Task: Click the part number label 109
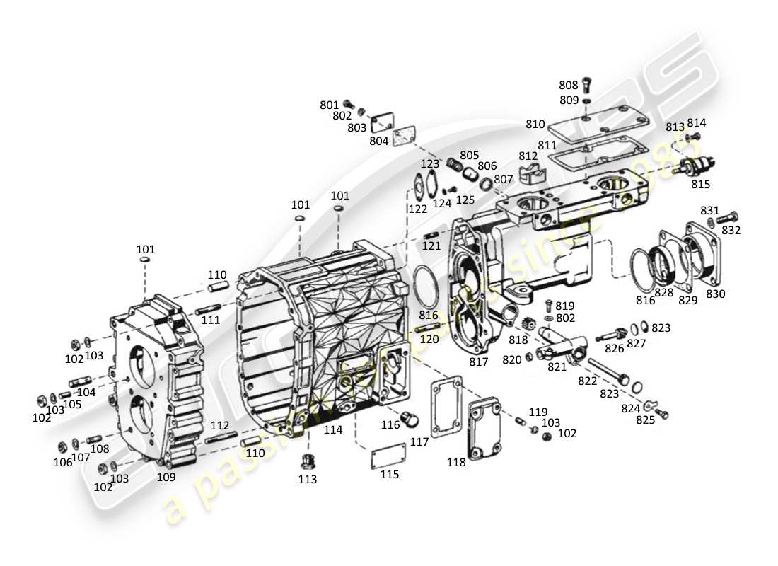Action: tap(166, 477)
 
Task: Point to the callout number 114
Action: tap(332, 429)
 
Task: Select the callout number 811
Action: tap(547, 145)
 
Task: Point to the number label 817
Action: tap(479, 362)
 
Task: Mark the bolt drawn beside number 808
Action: tap(588, 86)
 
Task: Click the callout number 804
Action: tap(378, 141)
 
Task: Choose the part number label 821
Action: tap(557, 366)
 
